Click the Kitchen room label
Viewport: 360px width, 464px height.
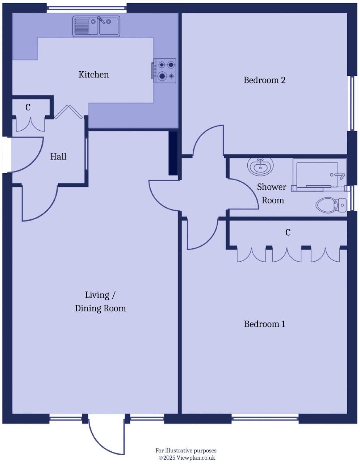pos(94,75)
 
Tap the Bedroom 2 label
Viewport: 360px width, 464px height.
pos(264,80)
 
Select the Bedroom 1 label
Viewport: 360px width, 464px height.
pos(264,324)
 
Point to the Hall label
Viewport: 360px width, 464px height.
pos(58,157)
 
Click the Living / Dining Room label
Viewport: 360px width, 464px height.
pos(100,302)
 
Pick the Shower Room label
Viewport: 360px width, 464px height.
pos(272,194)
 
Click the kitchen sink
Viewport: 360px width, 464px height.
pos(96,26)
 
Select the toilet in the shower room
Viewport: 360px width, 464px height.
pos(331,205)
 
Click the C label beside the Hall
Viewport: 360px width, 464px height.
pos(28,107)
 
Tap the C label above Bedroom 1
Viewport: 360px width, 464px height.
pos(288,232)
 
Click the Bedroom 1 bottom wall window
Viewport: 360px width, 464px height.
pos(265,419)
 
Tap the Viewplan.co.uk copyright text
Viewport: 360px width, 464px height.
pos(187,458)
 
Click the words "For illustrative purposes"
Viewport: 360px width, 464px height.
pos(186,451)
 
